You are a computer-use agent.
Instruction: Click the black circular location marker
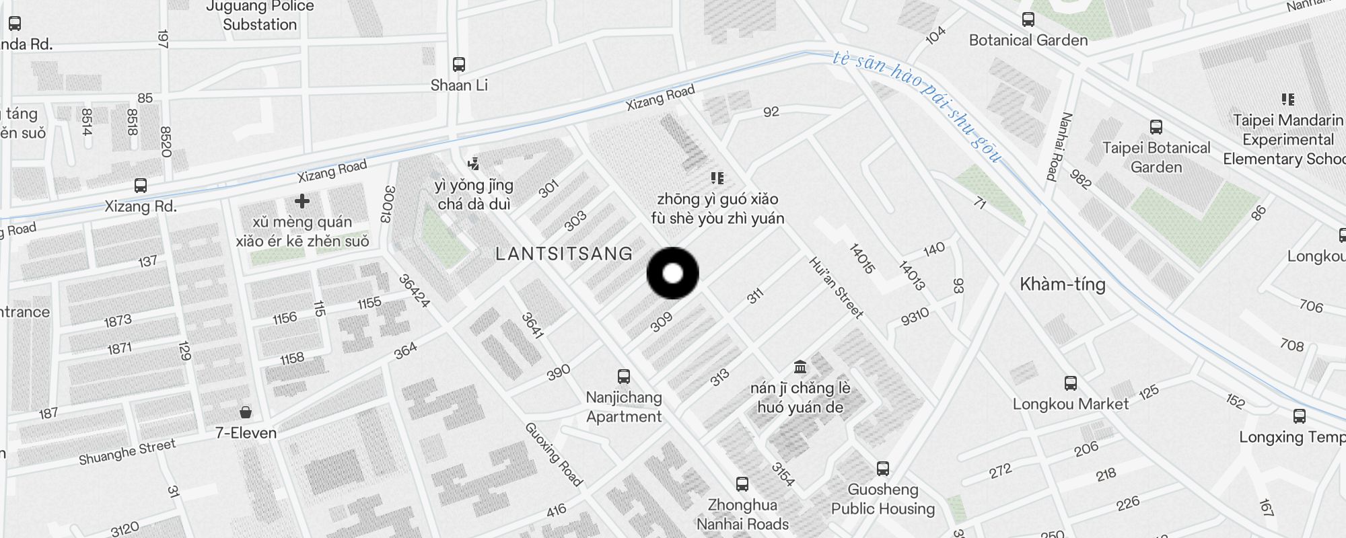[x=672, y=273]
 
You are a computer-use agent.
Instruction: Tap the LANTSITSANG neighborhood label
[x=564, y=254]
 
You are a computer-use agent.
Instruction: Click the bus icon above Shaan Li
[x=459, y=65]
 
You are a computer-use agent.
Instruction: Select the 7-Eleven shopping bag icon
[x=246, y=412]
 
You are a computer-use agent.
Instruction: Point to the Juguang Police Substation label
[x=260, y=16]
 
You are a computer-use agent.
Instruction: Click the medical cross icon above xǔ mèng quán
[x=302, y=201]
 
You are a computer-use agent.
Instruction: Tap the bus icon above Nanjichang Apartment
[x=624, y=377]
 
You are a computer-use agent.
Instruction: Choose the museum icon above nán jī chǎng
[x=800, y=367]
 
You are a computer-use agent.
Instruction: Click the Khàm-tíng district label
[x=1063, y=284]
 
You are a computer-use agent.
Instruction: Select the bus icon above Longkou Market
[x=1071, y=383]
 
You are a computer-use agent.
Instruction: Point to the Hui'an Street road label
[x=836, y=288]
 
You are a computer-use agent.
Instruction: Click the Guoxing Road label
[x=553, y=454]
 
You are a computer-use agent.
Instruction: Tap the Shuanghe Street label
[x=127, y=452]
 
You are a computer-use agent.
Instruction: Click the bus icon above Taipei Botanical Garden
[x=1156, y=126]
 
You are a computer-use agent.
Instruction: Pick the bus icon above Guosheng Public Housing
[x=883, y=468]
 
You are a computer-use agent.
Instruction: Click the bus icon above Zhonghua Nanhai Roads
[x=742, y=484]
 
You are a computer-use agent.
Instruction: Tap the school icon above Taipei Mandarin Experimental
[x=1287, y=100]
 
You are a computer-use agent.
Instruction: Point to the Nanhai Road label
[x=1059, y=147]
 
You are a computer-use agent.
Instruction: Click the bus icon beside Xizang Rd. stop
[x=141, y=185]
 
